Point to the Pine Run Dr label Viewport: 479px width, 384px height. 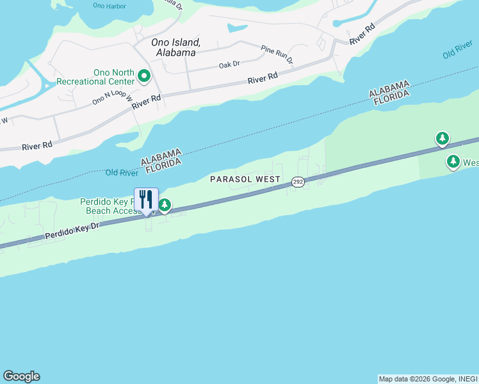click(277, 54)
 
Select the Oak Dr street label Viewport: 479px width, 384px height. click(229, 65)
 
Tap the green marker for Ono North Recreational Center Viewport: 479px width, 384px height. click(144, 77)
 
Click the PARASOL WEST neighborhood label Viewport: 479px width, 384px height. click(245, 179)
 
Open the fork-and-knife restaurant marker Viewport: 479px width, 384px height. click(146, 200)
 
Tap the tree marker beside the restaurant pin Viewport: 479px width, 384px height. click(165, 205)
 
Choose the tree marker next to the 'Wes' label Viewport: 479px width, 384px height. click(453, 162)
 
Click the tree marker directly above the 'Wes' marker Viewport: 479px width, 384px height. click(442, 138)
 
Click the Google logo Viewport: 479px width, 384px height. click(21, 376)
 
